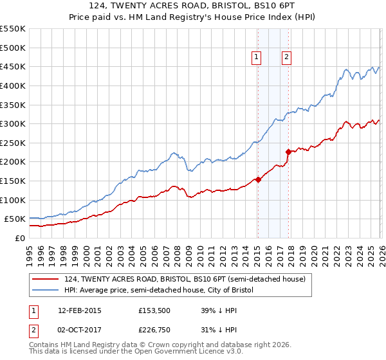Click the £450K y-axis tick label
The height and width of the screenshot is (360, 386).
(12, 67)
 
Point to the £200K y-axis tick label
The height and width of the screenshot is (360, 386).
(12, 162)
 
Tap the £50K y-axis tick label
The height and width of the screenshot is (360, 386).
(15, 219)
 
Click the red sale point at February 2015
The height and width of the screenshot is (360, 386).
(258, 179)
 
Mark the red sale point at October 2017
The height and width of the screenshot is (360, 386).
(288, 152)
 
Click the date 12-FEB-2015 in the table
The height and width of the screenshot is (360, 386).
(79, 310)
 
